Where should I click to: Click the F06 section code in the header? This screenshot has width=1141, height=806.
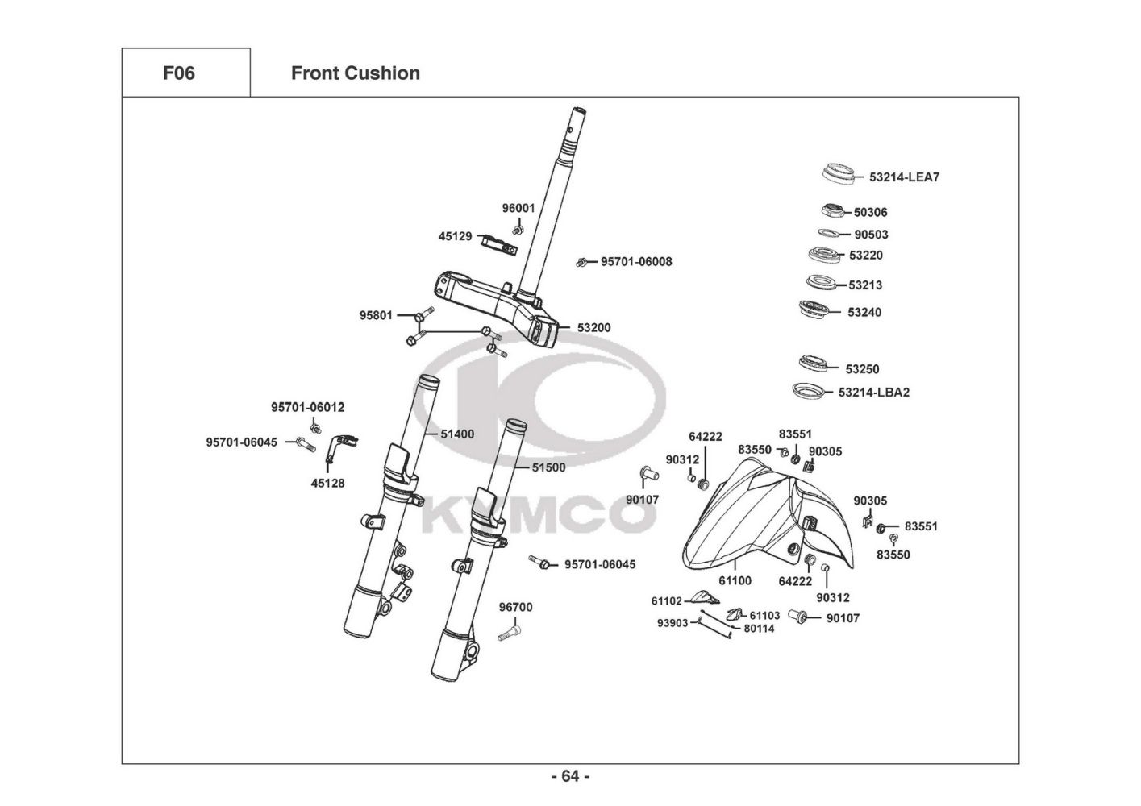click(x=178, y=73)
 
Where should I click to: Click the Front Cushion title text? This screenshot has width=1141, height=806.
click(x=355, y=73)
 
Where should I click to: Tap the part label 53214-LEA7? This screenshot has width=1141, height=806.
click(x=904, y=177)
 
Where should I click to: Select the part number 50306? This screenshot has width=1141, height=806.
click(x=870, y=213)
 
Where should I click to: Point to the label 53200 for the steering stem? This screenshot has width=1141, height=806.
click(x=593, y=328)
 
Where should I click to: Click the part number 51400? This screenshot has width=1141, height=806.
click(x=457, y=434)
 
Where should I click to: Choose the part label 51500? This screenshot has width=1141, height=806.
click(x=548, y=467)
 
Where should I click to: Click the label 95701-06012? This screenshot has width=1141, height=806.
click(x=307, y=408)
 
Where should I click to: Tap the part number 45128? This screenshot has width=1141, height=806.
click(x=327, y=484)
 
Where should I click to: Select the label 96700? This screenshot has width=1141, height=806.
click(x=515, y=608)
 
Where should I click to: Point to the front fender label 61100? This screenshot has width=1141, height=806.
click(x=735, y=580)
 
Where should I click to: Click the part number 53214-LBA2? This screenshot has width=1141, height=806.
click(x=873, y=393)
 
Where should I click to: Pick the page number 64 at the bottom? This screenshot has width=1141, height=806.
click(x=570, y=776)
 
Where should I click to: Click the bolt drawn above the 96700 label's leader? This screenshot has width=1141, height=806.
click(x=506, y=634)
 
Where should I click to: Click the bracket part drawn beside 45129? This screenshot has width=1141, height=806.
click(x=498, y=243)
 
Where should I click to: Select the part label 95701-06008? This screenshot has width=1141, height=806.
click(x=636, y=262)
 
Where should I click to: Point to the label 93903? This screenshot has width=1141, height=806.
click(x=673, y=623)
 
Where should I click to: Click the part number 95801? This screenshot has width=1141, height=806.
click(x=376, y=315)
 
